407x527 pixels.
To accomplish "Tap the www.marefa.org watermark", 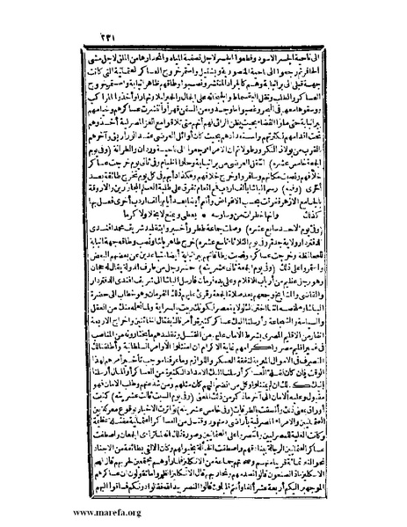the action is click(53, 512).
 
